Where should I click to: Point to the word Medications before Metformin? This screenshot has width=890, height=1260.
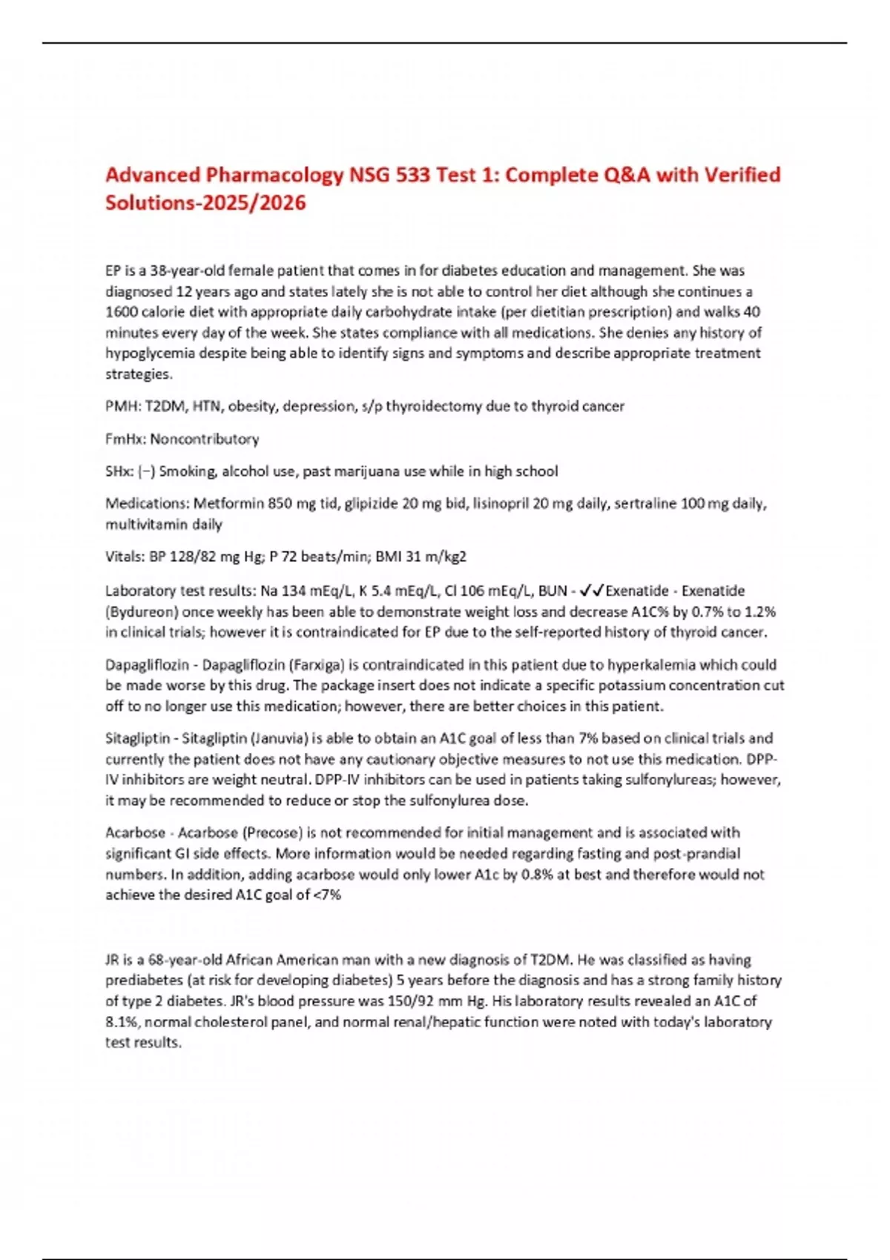pyautogui.click(x=146, y=504)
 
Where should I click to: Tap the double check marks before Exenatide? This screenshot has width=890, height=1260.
pyautogui.click(x=592, y=591)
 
